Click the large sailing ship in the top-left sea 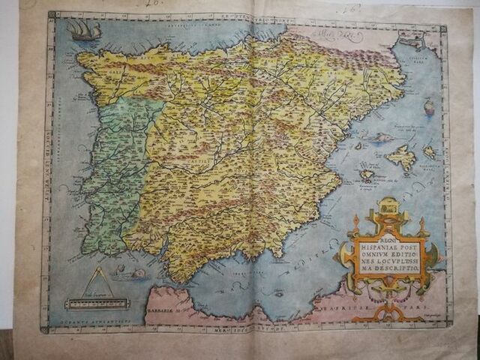point(83,31)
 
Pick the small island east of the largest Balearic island point(430,152)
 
